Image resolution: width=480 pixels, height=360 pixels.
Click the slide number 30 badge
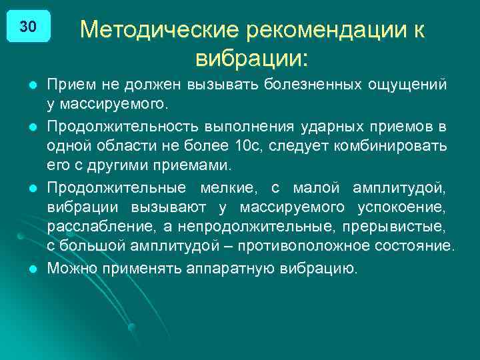click(x=28, y=27)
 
